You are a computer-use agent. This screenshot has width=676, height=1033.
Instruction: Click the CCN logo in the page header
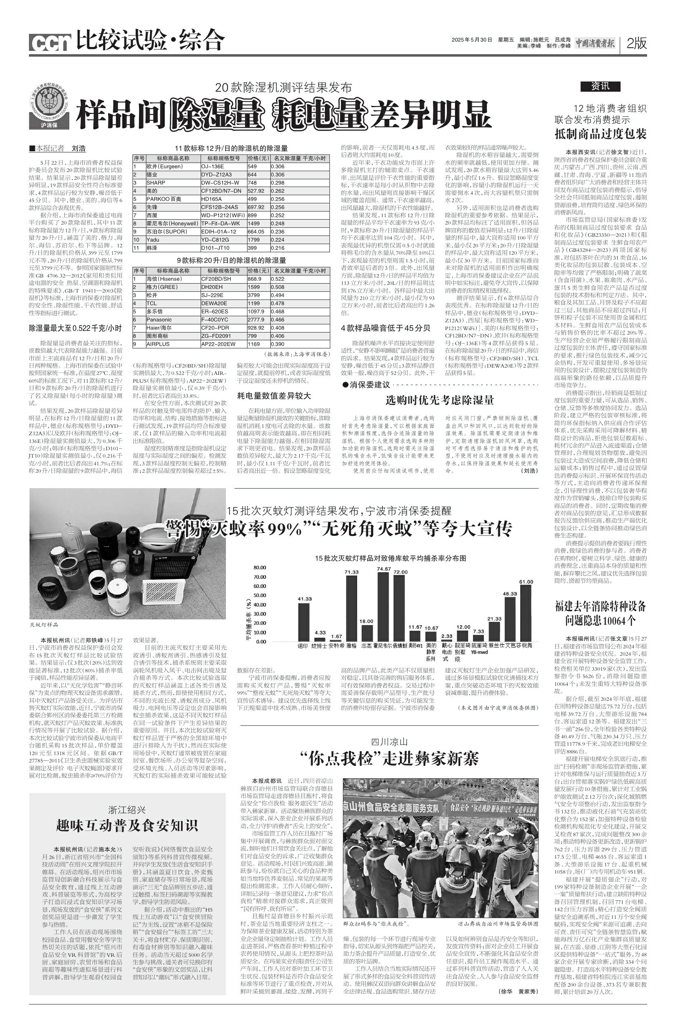(49, 42)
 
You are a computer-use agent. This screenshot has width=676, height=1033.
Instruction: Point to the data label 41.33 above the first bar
(304, 599)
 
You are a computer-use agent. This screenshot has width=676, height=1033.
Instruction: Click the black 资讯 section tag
(600, 86)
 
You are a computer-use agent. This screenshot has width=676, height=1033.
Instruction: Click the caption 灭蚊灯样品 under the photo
(44, 625)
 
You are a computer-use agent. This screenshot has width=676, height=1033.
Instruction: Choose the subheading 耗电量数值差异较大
(274, 395)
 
